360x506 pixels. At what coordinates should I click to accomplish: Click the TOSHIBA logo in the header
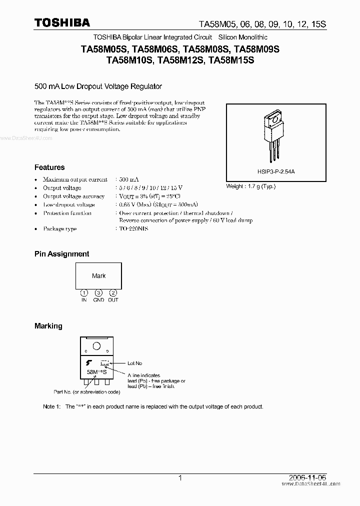(x=62, y=22)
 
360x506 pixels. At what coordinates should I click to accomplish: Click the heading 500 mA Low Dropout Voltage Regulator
(x=98, y=86)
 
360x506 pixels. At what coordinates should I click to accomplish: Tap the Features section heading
(x=49, y=167)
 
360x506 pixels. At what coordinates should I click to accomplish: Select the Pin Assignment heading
(x=61, y=254)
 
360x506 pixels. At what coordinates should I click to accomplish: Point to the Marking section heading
(x=48, y=326)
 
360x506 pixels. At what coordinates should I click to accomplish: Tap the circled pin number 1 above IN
(x=84, y=292)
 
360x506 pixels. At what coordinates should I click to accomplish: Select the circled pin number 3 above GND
(x=99, y=292)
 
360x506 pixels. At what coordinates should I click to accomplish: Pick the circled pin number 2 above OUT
(x=113, y=292)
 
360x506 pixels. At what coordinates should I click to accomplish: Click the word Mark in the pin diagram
(x=99, y=276)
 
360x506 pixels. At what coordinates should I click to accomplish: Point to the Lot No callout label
(x=135, y=363)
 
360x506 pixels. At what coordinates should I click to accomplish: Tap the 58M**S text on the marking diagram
(x=96, y=372)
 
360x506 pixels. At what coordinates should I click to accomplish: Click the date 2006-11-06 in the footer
(x=310, y=477)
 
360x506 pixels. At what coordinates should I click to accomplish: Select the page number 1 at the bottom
(x=180, y=477)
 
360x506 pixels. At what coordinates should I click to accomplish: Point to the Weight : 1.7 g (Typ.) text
(x=251, y=186)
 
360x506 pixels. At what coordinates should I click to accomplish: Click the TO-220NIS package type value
(x=133, y=228)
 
